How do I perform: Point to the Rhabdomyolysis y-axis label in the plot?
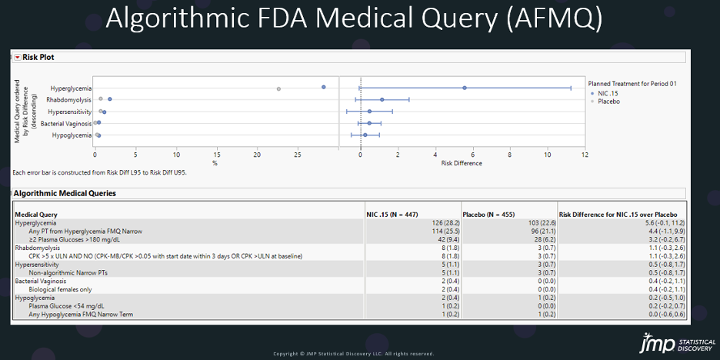point(68,99)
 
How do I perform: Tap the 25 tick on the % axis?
point(298,155)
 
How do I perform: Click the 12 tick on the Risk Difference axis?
point(585,155)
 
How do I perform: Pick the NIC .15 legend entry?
point(608,93)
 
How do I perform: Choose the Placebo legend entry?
point(608,101)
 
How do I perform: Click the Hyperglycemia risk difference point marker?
point(465,88)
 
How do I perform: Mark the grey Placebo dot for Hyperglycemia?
point(278,88)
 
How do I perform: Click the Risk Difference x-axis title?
point(462,163)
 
